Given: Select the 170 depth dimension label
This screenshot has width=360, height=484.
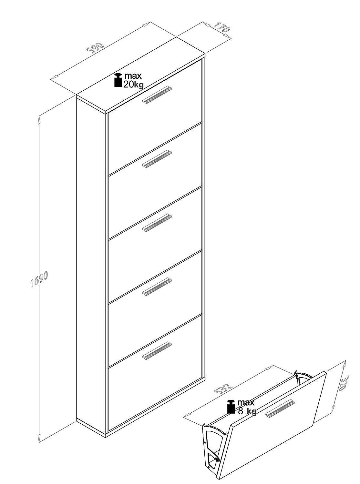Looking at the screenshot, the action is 221,27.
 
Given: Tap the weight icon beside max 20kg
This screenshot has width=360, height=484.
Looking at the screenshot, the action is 118,80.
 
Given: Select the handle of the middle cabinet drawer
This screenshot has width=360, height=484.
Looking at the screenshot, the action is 157,223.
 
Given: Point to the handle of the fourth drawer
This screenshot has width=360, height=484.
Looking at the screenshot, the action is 157,287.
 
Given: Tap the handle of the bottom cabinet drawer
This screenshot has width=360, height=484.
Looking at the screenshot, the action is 157,351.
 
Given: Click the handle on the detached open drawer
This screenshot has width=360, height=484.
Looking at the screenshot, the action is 280,406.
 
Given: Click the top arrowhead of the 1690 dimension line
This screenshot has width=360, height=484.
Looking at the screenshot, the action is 39,119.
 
